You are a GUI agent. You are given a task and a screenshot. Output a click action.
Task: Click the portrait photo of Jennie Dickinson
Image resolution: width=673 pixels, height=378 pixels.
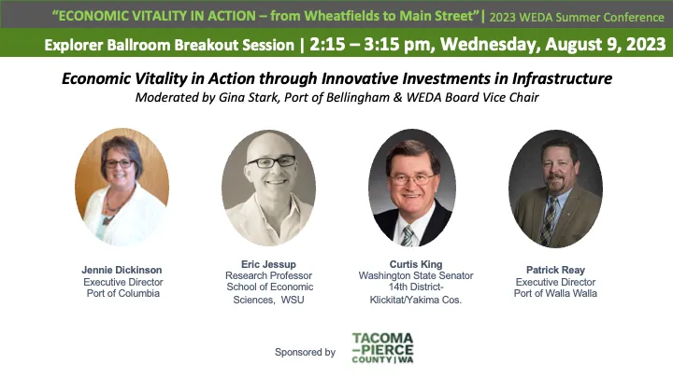tap(122, 187)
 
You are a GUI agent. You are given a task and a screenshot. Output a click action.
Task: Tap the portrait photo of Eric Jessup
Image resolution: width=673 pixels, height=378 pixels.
tap(268, 188)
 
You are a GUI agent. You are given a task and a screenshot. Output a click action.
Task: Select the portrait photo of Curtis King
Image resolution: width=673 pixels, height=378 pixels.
tap(411, 188)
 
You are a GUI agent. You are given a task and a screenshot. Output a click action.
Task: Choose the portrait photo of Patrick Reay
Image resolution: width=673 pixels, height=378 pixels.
tap(555, 188)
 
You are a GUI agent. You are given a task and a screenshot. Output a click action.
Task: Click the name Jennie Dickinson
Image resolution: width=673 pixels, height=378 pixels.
tap(122, 270)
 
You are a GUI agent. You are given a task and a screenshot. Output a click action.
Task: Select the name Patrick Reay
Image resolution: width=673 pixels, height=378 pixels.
tap(555, 270)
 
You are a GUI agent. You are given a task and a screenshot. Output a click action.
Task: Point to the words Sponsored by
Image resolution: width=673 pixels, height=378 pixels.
tap(305, 352)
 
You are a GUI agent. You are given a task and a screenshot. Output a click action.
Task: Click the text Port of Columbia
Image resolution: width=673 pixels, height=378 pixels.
tap(122, 293)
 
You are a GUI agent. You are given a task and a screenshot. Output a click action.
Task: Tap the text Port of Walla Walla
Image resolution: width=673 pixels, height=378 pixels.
tap(555, 293)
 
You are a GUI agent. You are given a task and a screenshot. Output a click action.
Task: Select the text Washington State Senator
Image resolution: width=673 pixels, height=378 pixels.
tap(416, 276)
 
